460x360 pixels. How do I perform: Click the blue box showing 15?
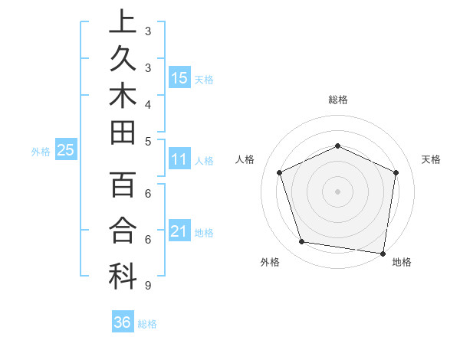(179, 77)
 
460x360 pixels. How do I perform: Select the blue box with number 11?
(179, 159)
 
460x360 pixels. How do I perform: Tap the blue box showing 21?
(179, 231)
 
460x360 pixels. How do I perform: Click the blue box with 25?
(66, 151)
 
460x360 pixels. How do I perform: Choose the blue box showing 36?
(123, 322)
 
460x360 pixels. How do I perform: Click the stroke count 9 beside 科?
(147, 286)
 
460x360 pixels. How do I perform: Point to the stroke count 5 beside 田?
(147, 141)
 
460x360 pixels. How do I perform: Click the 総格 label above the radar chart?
(338, 100)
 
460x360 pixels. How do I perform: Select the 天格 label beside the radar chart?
(432, 159)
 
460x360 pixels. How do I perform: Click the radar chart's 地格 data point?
(383, 253)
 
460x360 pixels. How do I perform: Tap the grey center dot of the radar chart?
(337, 191)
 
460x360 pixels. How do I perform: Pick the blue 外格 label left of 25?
(41, 152)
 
